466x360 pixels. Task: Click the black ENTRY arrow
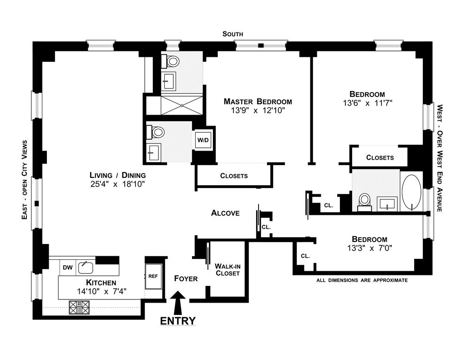pos(178,302)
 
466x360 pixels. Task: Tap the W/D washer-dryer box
pos(202,140)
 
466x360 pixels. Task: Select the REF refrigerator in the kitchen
pos(153,276)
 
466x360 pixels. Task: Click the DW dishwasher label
pos(67,267)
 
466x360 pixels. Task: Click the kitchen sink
pos(85,267)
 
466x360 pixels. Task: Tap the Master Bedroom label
pos(258,101)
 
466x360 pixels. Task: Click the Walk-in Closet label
pos(228,269)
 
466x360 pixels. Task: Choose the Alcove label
pos(225,213)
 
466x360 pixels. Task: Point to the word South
pos(233,34)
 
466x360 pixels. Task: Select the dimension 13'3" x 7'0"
pos(369,248)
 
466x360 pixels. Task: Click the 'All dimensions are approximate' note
pos(362,280)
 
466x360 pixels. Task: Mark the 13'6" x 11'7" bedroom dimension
pos(367,103)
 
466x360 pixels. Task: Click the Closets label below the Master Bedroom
pos(234,176)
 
